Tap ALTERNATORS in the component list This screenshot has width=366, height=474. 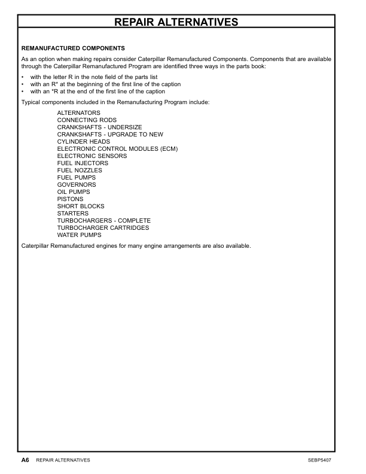[79, 113]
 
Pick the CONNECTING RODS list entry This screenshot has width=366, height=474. [87, 120]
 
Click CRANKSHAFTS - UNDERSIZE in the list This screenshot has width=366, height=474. [100, 127]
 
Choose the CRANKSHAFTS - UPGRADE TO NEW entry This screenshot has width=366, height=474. [110, 135]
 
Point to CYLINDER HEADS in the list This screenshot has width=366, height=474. [84, 142]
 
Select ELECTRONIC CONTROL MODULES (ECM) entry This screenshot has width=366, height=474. [118, 149]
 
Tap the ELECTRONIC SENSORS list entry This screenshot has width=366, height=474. [92, 156]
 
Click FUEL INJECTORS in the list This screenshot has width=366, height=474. [83, 163]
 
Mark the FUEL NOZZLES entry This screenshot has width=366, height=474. [80, 171]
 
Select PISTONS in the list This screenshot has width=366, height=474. [71, 199]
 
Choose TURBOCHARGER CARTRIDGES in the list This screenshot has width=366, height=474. [103, 228]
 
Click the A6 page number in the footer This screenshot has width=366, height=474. [25, 460]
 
